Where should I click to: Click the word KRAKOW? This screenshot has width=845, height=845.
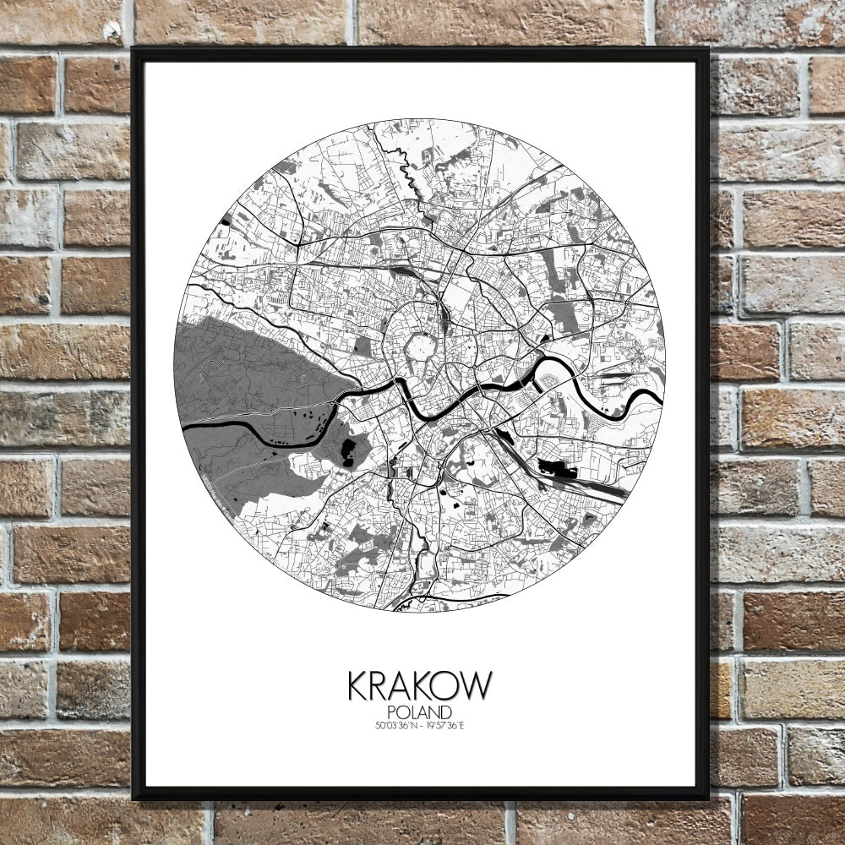click(419, 685)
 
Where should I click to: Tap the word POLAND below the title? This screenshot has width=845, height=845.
click(419, 711)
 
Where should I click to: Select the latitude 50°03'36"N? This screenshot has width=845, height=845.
click(395, 725)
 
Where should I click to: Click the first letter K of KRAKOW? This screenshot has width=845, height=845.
click(357, 685)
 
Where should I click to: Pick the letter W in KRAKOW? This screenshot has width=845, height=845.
click(476, 685)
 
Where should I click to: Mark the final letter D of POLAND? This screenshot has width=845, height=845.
click(444, 711)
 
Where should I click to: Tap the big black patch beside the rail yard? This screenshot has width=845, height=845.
click(553, 467)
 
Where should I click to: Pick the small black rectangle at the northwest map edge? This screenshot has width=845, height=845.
click(225, 221)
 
